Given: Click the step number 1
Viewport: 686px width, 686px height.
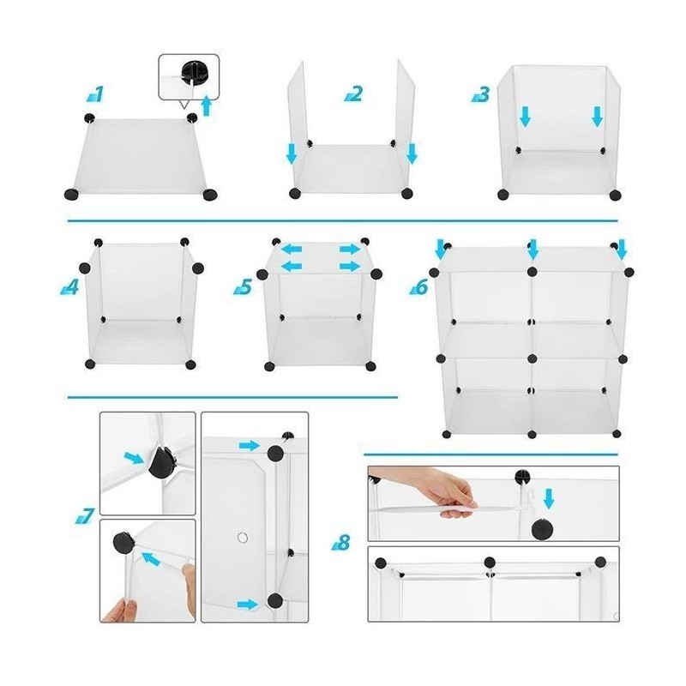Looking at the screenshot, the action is [x=96, y=93].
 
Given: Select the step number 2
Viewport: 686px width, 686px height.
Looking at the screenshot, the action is [x=354, y=93].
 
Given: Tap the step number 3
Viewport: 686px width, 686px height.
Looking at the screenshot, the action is [x=481, y=94].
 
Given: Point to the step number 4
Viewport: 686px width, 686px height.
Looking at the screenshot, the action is [x=70, y=286].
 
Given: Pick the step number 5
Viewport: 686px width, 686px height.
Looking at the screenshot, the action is [x=244, y=286].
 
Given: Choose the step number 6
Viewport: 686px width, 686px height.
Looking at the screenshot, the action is [x=419, y=287].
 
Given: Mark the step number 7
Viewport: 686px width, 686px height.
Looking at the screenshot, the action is [x=85, y=515].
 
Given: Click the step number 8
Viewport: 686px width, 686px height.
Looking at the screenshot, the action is [x=341, y=543].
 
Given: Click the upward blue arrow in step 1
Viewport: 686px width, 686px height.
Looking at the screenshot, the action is [x=207, y=106].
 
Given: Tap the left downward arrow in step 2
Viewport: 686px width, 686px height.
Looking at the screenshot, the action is [x=292, y=154].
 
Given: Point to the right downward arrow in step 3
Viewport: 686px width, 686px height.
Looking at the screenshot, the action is [x=597, y=117].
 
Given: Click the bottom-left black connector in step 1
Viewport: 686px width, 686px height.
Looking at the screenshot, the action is [x=71, y=194].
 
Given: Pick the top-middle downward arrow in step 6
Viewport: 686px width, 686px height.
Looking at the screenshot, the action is [x=533, y=249].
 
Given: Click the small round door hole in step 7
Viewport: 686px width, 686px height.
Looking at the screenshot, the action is [x=243, y=538].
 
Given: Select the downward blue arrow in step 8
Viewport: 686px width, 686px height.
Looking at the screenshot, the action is [x=549, y=498].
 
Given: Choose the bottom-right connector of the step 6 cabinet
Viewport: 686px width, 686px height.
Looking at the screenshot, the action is [x=617, y=434].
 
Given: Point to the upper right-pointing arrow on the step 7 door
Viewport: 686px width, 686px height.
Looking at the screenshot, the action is [x=250, y=446].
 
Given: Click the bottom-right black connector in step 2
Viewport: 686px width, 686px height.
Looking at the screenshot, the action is [x=407, y=193].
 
